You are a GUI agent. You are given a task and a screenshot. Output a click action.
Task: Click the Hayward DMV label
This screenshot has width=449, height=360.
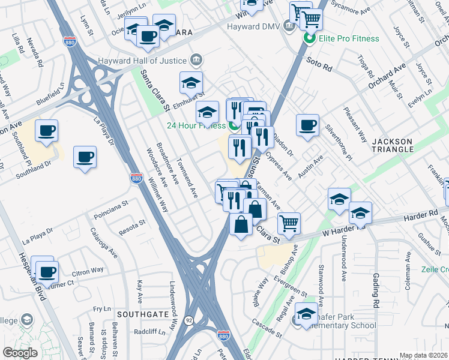tap(253, 26)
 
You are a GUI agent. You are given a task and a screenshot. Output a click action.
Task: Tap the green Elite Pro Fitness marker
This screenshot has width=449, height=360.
tap(310, 38)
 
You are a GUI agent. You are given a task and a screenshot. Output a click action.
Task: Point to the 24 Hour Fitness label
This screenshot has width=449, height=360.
tap(194, 125)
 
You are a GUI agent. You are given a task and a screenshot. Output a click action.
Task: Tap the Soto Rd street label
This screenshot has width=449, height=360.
tap(319, 61)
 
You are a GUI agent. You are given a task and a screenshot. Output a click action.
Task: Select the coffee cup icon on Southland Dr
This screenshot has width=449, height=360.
tap(85, 157)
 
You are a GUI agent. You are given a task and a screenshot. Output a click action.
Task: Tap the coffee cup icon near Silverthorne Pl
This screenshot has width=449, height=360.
tap(307, 125)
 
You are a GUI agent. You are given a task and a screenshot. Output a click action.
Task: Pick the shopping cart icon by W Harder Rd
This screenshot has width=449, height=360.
tap(289, 223)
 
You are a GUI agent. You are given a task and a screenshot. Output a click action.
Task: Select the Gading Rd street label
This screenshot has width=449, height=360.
tap(376, 287)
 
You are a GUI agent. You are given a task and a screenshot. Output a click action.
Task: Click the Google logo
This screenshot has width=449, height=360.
tap(20, 353)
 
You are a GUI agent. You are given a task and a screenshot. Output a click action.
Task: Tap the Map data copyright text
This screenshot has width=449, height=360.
tap(423, 355)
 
